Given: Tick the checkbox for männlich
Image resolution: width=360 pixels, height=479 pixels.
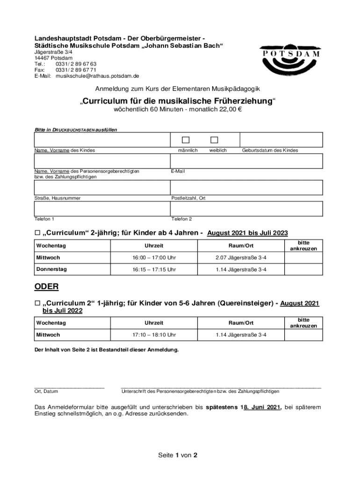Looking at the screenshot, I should [186, 140].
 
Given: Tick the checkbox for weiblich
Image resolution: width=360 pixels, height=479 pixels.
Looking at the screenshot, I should [214, 140].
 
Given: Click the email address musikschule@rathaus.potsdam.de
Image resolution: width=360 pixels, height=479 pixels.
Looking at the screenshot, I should [97, 76].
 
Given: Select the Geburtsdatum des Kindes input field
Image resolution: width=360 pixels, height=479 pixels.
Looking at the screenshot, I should [281, 139].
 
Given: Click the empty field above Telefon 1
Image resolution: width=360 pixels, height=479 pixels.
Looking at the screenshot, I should [102, 208].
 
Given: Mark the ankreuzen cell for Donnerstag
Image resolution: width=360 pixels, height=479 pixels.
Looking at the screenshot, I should [303, 270].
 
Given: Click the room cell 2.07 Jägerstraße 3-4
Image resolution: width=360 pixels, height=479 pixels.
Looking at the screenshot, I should [241, 258].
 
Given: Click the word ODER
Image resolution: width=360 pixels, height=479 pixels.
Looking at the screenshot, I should [46, 286].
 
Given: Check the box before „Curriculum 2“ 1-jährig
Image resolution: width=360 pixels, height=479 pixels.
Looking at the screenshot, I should [37, 304].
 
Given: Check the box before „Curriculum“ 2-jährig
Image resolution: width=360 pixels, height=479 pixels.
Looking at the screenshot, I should [37, 233].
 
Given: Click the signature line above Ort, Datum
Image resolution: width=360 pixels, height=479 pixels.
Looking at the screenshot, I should [69, 386].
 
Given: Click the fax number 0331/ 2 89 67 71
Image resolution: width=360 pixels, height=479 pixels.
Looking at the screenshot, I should [76, 70].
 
